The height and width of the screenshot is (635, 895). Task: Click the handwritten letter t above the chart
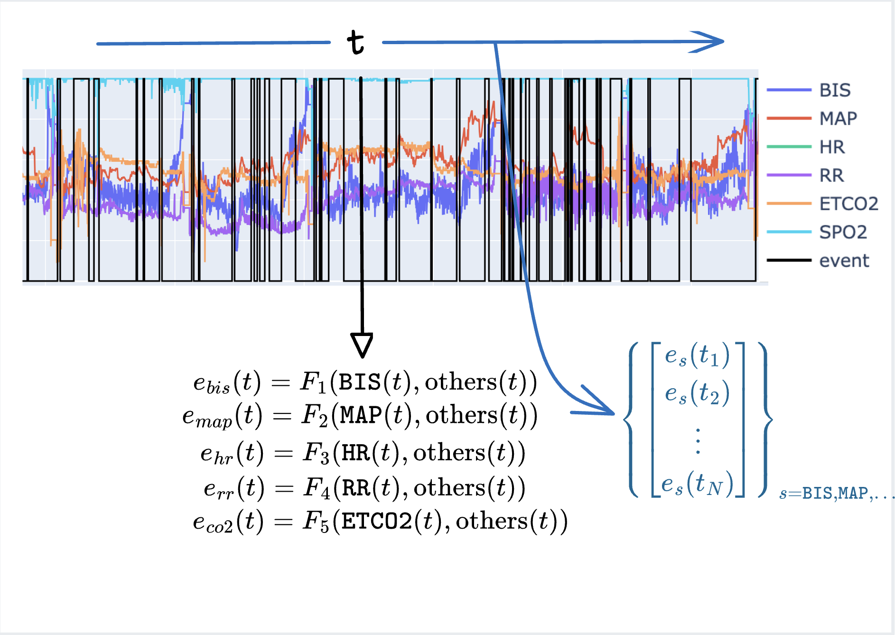coord(355,42)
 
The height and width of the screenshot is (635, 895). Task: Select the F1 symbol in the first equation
coord(314,382)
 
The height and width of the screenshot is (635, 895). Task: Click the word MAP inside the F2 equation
coord(361,415)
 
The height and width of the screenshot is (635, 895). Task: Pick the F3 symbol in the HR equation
coord(317,453)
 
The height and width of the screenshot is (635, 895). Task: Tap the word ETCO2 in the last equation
coord(377,522)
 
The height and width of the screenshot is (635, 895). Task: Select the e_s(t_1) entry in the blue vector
coord(697,355)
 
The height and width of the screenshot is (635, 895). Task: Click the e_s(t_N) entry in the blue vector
coord(697,484)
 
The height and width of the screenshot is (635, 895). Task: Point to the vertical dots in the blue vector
coord(698,441)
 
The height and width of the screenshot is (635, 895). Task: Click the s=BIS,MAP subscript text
coord(836,494)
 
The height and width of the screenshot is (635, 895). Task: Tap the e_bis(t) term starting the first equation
coord(227,383)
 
